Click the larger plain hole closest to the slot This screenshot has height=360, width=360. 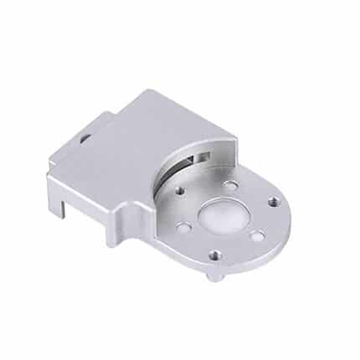pyautogui.click(x=227, y=183)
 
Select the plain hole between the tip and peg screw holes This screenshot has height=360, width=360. pyautogui.click(x=258, y=236)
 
